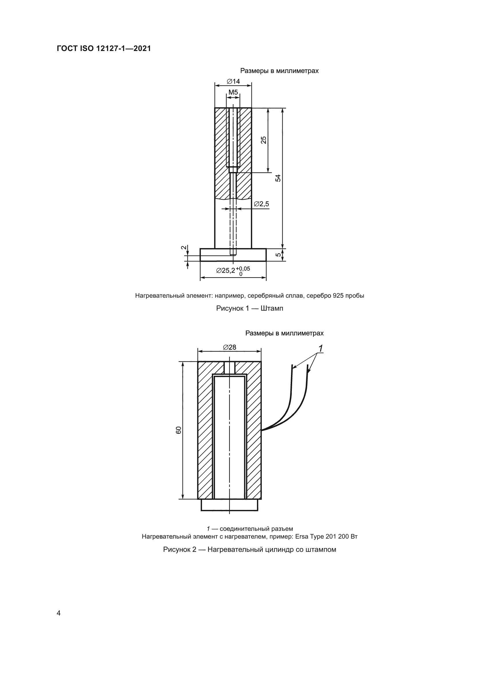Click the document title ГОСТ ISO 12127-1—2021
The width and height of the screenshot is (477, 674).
(x=104, y=49)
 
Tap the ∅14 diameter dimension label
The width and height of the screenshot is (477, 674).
(x=234, y=81)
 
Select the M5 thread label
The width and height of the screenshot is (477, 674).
(x=233, y=92)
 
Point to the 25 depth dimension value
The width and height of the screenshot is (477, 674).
(x=264, y=140)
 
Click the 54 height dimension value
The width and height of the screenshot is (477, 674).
(x=278, y=178)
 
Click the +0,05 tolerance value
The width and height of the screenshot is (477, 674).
(x=243, y=268)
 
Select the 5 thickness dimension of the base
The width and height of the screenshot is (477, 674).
(x=278, y=255)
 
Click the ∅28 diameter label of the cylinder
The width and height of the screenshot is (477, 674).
(x=230, y=348)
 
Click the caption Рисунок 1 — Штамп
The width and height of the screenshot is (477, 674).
(x=250, y=309)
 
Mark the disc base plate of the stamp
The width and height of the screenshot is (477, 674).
(x=233, y=255)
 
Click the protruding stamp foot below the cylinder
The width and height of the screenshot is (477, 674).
(x=229, y=505)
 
